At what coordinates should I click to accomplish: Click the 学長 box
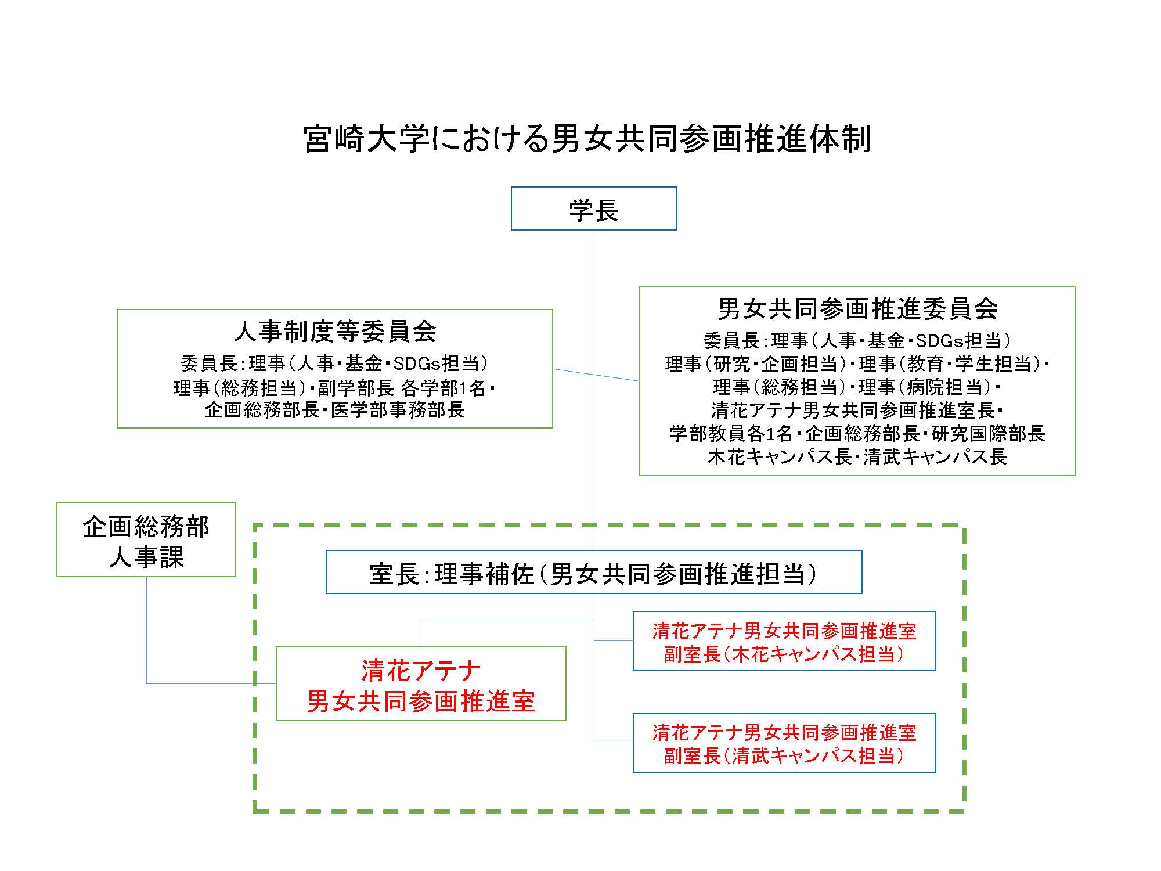[593, 208]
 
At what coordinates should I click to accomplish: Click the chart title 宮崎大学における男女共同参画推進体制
[586, 139]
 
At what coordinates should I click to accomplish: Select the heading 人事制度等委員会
[335, 332]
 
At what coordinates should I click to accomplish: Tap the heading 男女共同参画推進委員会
[857, 308]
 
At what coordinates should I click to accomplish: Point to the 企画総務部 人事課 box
[146, 539]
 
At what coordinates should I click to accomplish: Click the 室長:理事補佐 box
[593, 573]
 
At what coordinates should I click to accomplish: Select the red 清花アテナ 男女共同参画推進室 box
[421, 684]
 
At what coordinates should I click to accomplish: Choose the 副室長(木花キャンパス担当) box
[784, 641]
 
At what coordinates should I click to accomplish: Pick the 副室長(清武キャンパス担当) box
[784, 743]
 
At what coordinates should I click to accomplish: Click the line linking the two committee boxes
[596, 375]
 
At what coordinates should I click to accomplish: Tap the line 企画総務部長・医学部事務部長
[335, 410]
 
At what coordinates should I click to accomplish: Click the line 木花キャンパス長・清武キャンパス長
[857, 457]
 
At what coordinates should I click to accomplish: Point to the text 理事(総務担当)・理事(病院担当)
[857, 387]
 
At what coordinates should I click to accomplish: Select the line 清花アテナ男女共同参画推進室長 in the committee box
[857, 411]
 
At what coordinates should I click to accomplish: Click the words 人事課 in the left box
[146, 558]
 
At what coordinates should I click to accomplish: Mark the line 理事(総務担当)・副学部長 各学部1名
[335, 387]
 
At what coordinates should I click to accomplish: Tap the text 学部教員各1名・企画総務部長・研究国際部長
[857, 434]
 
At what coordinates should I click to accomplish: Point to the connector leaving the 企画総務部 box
[147, 639]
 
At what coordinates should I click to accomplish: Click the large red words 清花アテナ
[421, 670]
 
